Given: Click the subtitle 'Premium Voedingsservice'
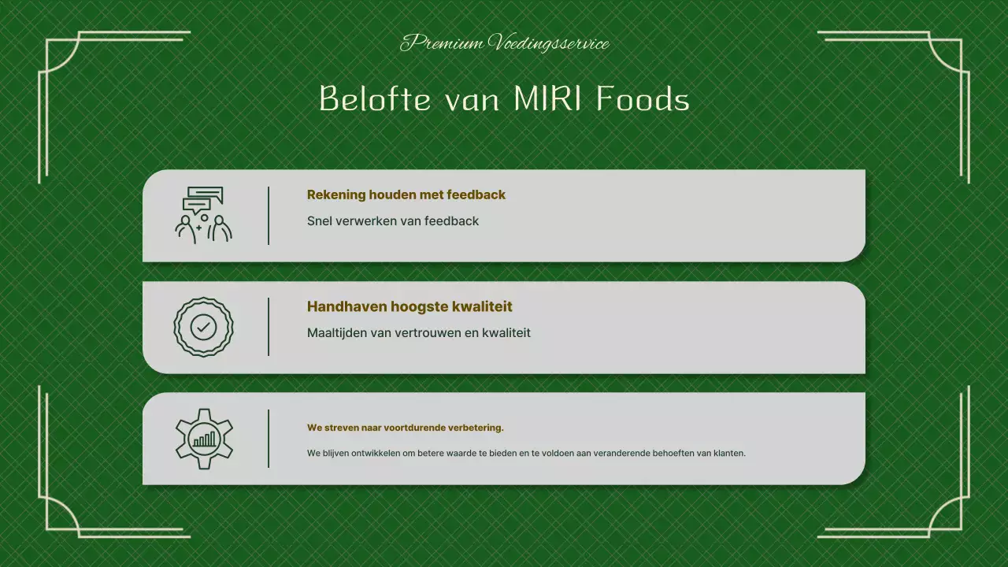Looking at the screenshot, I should [x=504, y=43].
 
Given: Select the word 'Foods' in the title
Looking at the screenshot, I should [x=643, y=99].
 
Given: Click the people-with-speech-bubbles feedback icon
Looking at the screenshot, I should [x=203, y=215].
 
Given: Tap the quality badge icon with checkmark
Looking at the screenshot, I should [x=203, y=327].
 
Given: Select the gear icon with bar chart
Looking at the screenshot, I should [x=203, y=439].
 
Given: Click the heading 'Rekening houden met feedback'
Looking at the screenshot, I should [x=406, y=195].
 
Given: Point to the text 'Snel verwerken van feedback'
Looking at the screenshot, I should [x=392, y=221].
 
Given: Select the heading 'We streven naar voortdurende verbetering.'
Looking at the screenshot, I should [x=405, y=428].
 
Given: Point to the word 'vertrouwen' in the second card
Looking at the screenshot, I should [x=428, y=333].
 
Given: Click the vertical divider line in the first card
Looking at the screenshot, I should [x=269, y=215].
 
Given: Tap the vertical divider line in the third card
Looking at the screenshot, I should [x=269, y=439].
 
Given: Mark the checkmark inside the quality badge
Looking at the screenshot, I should [x=203, y=327].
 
